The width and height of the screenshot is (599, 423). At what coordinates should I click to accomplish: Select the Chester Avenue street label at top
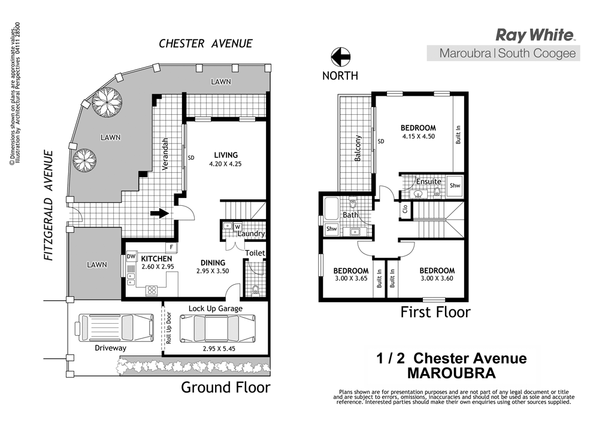205,44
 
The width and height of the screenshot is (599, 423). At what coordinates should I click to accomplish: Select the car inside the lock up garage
214,328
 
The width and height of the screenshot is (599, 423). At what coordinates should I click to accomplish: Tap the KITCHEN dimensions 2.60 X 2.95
157,267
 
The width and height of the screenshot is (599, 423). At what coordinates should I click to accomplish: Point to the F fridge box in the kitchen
171,247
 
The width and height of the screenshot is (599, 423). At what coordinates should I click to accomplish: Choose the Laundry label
251,233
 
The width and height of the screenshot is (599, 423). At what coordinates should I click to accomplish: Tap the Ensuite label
429,181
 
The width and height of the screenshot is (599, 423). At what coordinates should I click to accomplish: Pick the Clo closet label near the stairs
406,209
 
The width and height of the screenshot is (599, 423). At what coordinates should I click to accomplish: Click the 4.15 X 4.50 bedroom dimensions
418,136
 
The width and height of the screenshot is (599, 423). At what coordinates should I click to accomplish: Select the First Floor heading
435,312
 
